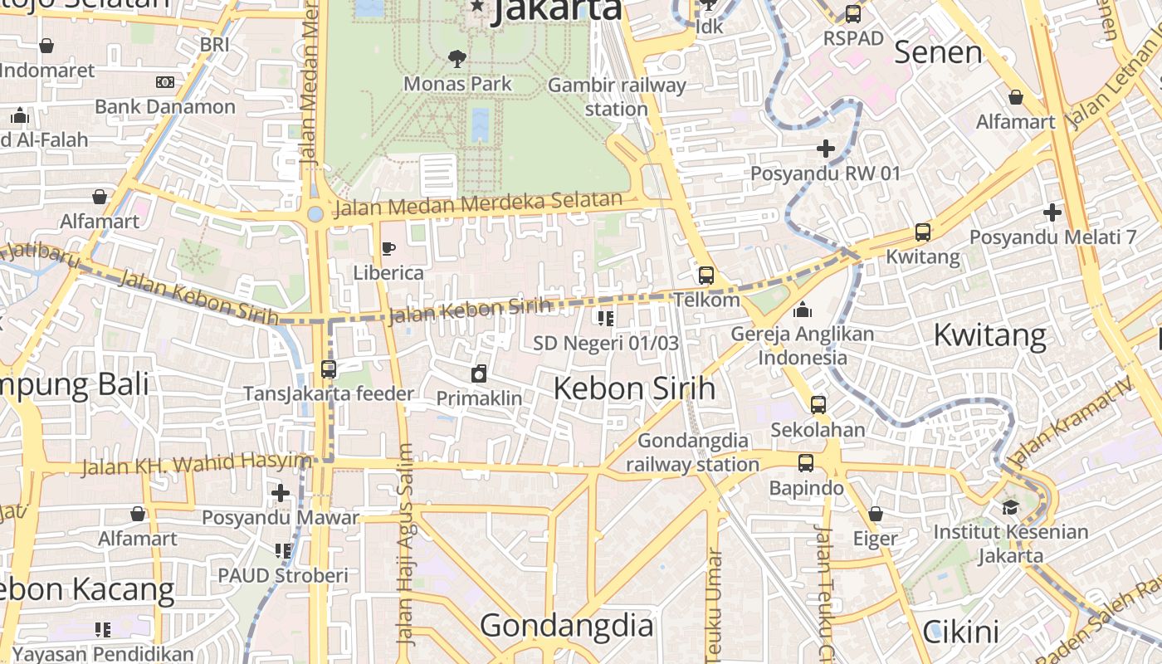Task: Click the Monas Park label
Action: (457, 84)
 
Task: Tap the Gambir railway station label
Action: (617, 97)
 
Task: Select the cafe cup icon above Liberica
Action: (388, 248)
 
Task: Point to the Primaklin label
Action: (480, 398)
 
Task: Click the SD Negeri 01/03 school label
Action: (606, 343)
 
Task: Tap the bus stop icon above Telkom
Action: (706, 275)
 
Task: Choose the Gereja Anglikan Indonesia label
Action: (803, 346)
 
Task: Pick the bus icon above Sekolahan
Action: (818, 405)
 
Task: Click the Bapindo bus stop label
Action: (806, 488)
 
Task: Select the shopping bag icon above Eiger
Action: (876, 515)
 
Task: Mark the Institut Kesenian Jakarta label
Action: (1011, 544)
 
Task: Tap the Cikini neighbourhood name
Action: (961, 632)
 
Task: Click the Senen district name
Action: (938, 53)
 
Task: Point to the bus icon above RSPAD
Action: (853, 14)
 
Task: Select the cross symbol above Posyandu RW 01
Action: (826, 149)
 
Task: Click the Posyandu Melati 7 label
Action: (1052, 237)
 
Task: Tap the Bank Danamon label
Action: (165, 106)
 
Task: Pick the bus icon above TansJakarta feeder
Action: (329, 369)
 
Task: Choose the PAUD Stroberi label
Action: (283, 575)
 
